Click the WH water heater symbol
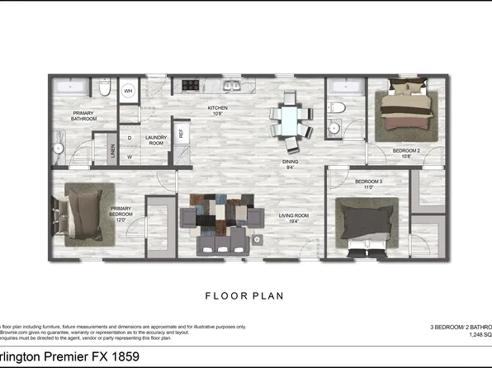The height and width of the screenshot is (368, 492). click(x=129, y=91)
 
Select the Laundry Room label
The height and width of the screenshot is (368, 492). click(x=157, y=141)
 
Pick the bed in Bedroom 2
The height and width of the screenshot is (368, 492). click(x=405, y=112)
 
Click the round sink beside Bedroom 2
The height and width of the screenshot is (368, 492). click(x=335, y=127)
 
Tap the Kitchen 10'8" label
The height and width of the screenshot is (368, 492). click(x=217, y=111)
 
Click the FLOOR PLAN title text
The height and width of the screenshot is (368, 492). click(x=245, y=294)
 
